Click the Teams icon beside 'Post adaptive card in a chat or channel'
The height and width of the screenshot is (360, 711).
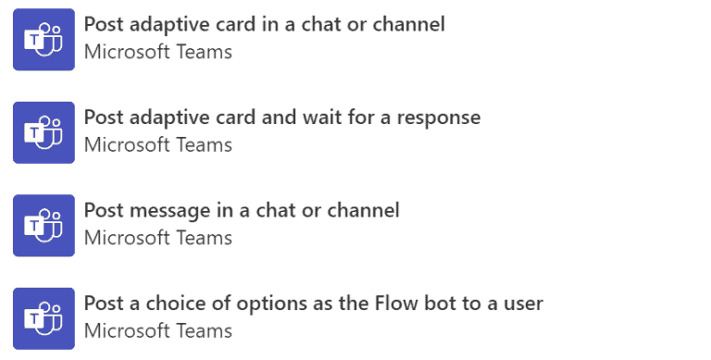44,39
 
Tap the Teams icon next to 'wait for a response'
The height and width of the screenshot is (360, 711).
44,132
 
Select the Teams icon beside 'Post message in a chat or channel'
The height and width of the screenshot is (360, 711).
44,225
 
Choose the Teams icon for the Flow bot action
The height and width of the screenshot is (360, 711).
44,318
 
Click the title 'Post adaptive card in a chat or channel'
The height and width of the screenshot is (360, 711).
264,24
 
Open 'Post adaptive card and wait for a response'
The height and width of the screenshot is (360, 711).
281,118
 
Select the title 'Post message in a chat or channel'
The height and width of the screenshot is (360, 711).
242,210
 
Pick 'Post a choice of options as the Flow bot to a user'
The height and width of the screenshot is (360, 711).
313,303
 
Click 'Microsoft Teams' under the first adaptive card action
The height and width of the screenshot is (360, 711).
157,52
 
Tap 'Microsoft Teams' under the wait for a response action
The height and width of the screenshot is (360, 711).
157,145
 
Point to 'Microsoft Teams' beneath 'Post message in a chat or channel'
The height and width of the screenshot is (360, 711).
157,238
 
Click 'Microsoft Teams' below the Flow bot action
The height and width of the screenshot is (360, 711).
157,330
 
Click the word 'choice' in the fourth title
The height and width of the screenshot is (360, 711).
203,303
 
